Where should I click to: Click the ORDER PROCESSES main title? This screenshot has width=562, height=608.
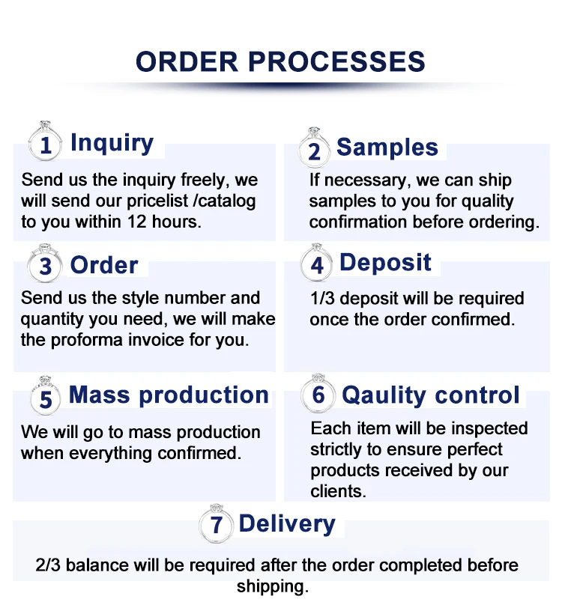tap(280, 61)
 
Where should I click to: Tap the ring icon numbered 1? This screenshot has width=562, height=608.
tap(46, 142)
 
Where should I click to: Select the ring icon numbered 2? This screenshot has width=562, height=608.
tap(314, 148)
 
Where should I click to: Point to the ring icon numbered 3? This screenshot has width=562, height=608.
tap(46, 264)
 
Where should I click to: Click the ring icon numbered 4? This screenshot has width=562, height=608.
tap(317, 263)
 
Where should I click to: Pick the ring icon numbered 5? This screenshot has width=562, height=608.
tap(46, 396)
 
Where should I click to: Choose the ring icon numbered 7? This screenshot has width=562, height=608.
tap(217, 523)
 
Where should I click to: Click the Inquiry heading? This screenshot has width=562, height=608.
tap(112, 142)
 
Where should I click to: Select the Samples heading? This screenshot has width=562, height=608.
tap(387, 148)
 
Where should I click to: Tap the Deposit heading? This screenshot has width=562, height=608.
tap(385, 263)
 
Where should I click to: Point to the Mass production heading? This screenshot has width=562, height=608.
tap(169, 395)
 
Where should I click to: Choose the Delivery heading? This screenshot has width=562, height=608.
tap(287, 523)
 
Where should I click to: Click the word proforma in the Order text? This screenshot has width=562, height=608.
tap(90, 339)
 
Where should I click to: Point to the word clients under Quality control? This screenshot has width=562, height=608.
tap(336, 491)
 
